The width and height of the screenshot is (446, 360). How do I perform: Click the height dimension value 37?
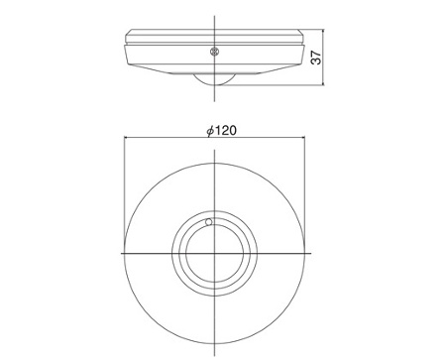click(x=317, y=58)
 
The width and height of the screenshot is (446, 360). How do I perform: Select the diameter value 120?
click(x=227, y=131)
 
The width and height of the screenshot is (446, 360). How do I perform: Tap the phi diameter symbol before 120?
click(x=211, y=131)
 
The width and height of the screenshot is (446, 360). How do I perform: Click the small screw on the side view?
click(x=215, y=52)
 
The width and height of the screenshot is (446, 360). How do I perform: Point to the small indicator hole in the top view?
click(x=209, y=222)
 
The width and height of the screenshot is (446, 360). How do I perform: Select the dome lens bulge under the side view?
click(x=214, y=79)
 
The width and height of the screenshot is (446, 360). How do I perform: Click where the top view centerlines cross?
click(x=214, y=254)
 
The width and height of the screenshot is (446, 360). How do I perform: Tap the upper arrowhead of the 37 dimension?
click(x=324, y=32)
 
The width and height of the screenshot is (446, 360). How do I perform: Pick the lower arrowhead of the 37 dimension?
click(x=324, y=82)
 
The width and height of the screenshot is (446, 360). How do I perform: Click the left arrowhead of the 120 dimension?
click(x=127, y=137)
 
